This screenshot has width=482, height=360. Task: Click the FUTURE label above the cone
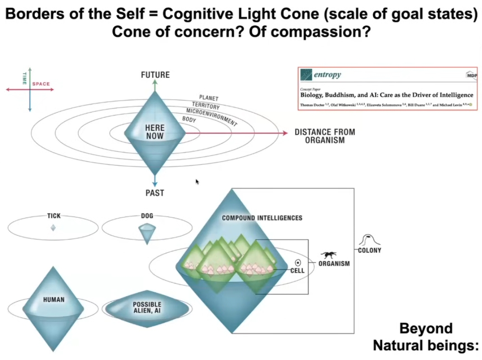pos(155,75)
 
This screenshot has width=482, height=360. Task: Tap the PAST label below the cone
pos(155,193)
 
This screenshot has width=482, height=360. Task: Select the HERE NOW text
pos(155,132)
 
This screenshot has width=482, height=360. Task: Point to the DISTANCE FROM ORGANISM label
pos(325,136)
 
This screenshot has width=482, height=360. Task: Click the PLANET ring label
pos(209,98)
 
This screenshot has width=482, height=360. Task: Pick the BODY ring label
pos(189,120)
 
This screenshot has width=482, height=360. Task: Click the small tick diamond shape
pos(53,228)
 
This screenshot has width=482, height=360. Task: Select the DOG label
pos(147,216)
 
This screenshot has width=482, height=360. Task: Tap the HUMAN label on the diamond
pos(54,299)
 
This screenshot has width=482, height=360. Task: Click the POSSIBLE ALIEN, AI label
pos(147,308)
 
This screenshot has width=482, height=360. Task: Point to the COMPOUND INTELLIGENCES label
pos(262,218)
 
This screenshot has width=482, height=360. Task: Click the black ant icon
pos(328,256)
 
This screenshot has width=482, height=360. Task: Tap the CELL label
pos(297,271)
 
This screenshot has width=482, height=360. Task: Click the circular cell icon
pos(298,262)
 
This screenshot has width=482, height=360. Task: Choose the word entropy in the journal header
pos(327,75)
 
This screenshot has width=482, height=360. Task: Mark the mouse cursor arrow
pos(197,181)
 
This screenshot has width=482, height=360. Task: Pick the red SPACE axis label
pos(41,84)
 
